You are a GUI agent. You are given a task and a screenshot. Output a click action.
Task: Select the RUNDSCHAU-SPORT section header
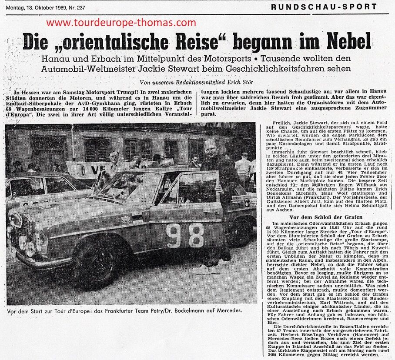(324, 7)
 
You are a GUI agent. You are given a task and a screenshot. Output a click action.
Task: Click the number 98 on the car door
(185, 236)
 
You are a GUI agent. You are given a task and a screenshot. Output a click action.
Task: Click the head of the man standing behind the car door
(211, 148)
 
